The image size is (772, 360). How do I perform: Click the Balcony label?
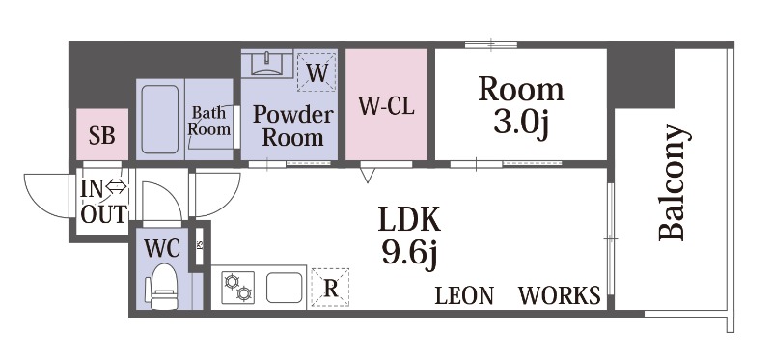pyautogui.click(x=671, y=183)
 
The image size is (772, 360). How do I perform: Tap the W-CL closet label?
pyautogui.click(x=386, y=106)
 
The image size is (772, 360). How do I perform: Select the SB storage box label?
pyautogui.click(x=102, y=135)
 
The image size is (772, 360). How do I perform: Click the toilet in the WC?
pyautogui.click(x=162, y=287)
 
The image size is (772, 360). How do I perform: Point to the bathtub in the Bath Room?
pyautogui.click(x=159, y=119)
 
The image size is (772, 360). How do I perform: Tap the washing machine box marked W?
pyautogui.click(x=317, y=73)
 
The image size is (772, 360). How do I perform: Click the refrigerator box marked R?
pyautogui.click(x=330, y=288)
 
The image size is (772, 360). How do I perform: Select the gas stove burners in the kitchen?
pyautogui.click(x=237, y=287)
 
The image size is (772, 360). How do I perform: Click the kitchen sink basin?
pyautogui.click(x=284, y=288)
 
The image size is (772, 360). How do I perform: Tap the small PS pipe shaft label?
pyautogui.click(x=200, y=245)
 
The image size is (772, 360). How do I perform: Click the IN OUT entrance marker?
pyautogui.click(x=103, y=202)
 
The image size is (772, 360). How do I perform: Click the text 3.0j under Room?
pyautogui.click(x=521, y=125)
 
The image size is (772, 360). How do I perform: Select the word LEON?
pyautogui.click(x=464, y=295)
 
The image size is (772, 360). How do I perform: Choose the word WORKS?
pyautogui.click(x=560, y=295)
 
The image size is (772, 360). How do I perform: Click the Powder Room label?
pyautogui.click(x=293, y=125)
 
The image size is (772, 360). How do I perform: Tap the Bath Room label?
pyautogui.click(x=209, y=121)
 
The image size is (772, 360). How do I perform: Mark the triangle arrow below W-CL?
pyautogui.click(x=368, y=175)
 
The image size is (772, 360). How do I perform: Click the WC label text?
pyautogui.click(x=162, y=249)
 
